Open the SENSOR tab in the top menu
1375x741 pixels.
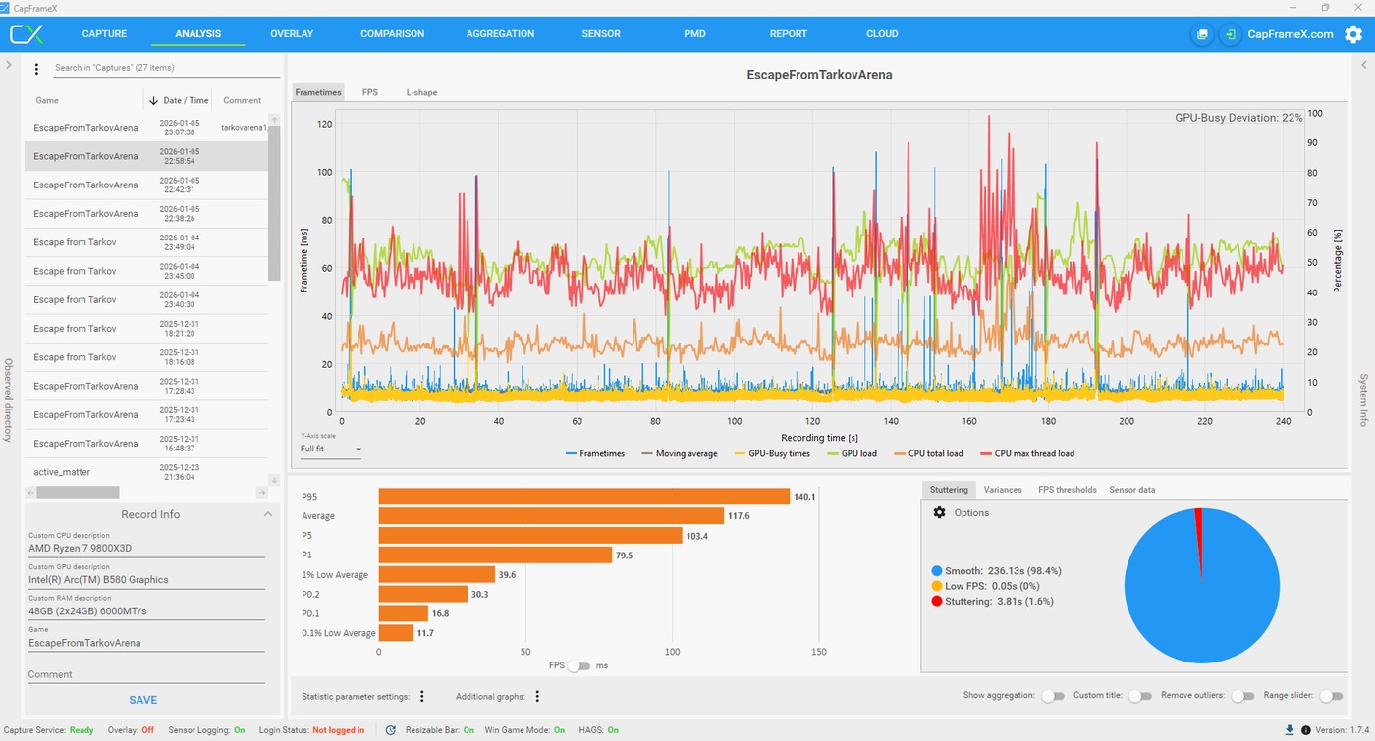tap(601, 33)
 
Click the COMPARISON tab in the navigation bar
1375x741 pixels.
tap(392, 33)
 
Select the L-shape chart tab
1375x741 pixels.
tap(421, 92)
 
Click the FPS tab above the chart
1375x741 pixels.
tap(369, 92)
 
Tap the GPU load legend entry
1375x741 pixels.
tap(852, 453)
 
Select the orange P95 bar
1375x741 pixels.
tap(583, 497)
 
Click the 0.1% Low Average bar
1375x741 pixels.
tap(396, 632)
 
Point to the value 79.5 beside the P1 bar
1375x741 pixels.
tap(624, 556)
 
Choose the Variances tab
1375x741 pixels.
tap(1003, 490)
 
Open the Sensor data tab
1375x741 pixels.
tap(1131, 490)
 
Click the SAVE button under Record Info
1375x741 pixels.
tap(143, 700)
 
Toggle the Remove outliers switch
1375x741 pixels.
tap(1243, 696)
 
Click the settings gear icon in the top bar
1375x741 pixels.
tap(1353, 34)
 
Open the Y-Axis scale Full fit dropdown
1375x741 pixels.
tap(330, 450)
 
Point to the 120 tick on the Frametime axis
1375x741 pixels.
tap(324, 124)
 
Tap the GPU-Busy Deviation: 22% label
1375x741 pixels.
tap(1238, 118)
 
